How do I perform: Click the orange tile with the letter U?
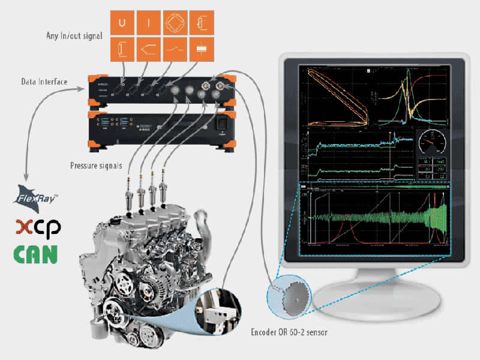pyautogui.click(x=122, y=23)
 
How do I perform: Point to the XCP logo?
pyautogui.click(x=38, y=227)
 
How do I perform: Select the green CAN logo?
pyautogui.click(x=37, y=253)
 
